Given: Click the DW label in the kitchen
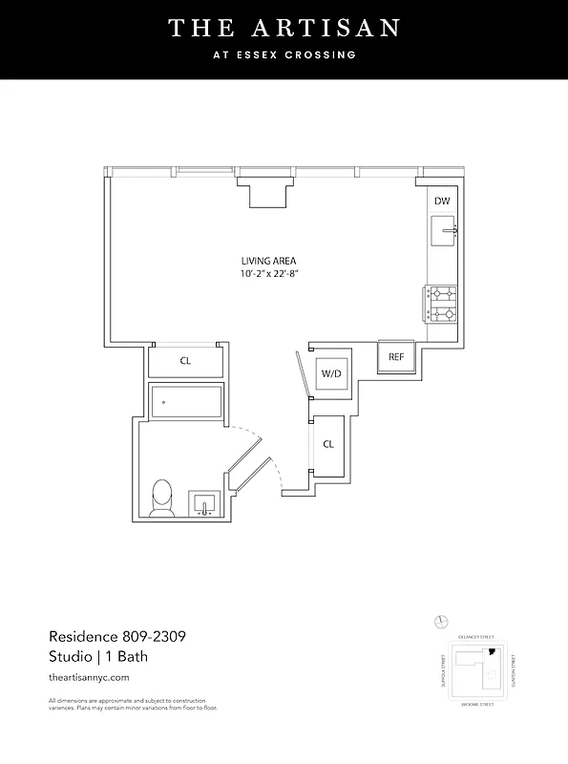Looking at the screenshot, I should [441, 201].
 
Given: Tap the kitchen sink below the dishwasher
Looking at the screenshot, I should [444, 230].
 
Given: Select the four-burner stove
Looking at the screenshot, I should [441, 304].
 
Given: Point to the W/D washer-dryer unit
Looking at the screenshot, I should [330, 373].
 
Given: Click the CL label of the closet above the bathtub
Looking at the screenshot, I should [186, 361].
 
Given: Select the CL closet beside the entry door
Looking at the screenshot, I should [327, 444].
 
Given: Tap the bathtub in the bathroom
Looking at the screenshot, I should [186, 402].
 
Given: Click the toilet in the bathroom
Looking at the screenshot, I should [162, 499].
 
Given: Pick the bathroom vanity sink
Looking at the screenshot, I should [204, 503].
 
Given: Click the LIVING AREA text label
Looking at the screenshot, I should [269, 261].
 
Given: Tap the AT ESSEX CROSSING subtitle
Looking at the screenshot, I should [284, 55].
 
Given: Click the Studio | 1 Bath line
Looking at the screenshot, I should [97, 656].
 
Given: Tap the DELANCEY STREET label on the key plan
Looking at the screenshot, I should [475, 635].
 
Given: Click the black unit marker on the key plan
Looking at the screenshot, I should [493, 652].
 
